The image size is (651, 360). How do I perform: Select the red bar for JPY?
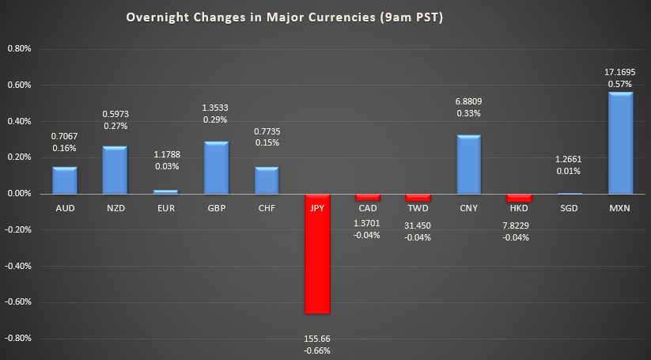pyautogui.click(x=317, y=253)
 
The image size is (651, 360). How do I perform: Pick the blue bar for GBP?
pyautogui.click(x=216, y=168)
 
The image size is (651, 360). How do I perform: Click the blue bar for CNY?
pyautogui.click(x=468, y=164)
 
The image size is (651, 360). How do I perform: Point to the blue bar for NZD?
pyautogui.click(x=115, y=169)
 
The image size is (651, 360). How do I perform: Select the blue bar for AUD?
pyautogui.click(x=65, y=180)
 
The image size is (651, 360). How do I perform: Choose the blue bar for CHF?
pyautogui.click(x=267, y=180)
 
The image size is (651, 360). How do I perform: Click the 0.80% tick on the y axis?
pyautogui.click(x=19, y=48)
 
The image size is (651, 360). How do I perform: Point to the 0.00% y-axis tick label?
pyautogui.click(x=19, y=193)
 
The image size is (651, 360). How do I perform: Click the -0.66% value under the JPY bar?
pyautogui.click(x=317, y=350)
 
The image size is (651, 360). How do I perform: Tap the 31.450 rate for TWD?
pyautogui.click(x=418, y=225)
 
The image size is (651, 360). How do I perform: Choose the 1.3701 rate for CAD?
pyautogui.click(x=367, y=223)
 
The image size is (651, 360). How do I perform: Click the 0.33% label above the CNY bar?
pyautogui.click(x=468, y=113)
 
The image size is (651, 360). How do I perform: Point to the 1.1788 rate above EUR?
pyautogui.click(x=165, y=155)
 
